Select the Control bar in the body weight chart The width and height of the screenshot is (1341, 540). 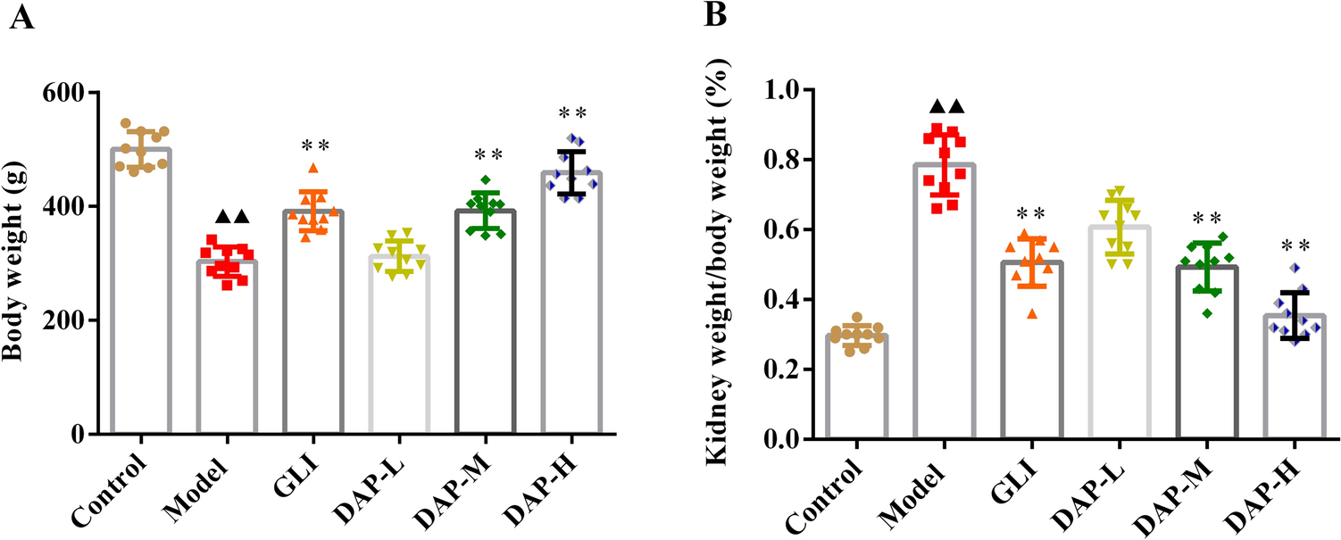click(139, 357)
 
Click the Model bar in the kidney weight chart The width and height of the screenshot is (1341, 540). click(943, 357)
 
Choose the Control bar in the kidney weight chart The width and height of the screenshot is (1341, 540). click(855, 393)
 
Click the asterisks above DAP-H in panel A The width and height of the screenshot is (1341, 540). click(572, 113)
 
